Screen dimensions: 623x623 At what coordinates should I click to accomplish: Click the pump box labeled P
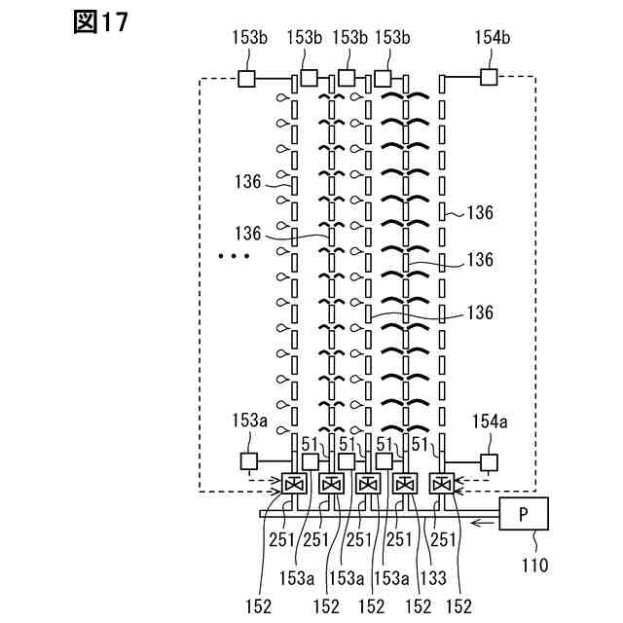525,513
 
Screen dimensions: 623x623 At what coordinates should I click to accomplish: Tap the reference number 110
535,564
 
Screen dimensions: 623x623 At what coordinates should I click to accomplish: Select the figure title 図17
100,22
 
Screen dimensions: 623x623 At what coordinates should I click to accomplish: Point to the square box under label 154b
488,77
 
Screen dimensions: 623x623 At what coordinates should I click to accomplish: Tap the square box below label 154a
488,461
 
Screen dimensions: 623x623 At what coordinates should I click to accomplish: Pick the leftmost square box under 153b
246,79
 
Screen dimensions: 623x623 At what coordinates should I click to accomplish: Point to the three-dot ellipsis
235,257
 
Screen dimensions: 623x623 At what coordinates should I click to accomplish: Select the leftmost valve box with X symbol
294,484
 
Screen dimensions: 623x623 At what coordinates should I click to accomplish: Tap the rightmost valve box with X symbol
442,484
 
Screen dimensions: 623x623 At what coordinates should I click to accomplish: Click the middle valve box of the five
368,484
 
